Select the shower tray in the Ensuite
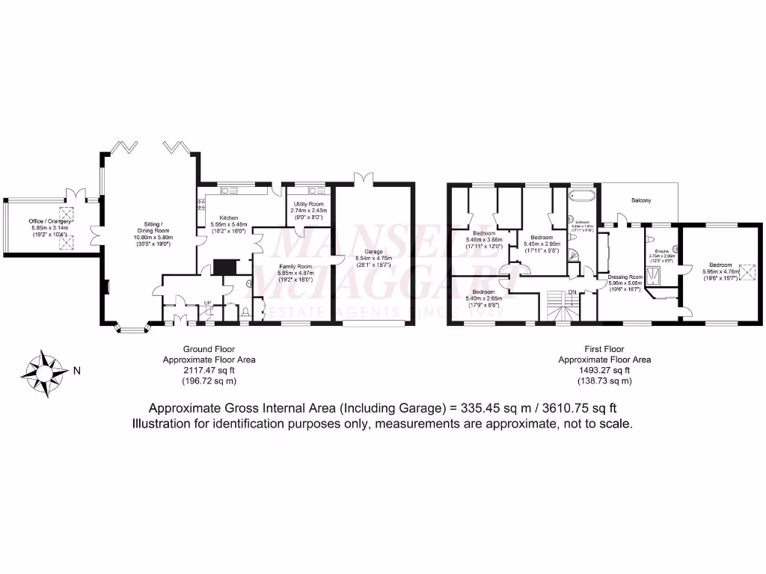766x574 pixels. coord(656,277)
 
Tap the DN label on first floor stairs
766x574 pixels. coord(572,292)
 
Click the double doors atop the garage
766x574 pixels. coord(362,179)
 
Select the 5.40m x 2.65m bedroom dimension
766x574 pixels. coord(482,299)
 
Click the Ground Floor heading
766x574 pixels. coord(209,349)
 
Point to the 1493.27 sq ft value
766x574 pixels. coord(604,370)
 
